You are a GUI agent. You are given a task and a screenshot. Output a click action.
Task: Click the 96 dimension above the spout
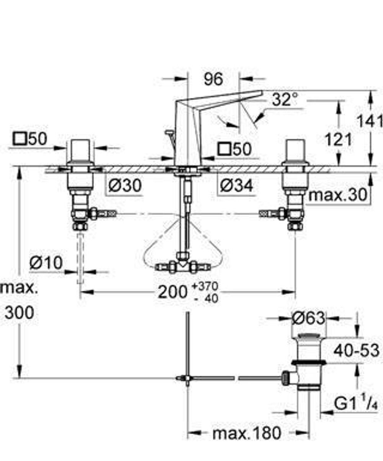tap(213, 79)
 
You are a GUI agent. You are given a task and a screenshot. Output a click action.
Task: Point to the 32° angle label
tap(285, 100)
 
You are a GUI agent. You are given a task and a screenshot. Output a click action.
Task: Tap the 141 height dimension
tap(370, 122)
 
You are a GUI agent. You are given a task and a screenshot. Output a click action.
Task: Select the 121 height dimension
tap(338, 139)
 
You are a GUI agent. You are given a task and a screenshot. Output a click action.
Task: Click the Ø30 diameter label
tap(125, 186)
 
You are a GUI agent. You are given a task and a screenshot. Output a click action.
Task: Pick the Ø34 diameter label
tap(236, 186)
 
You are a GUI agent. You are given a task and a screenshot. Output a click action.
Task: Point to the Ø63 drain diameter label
tap(308, 318)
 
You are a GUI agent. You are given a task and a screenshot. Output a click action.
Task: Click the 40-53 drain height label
tap(356, 350)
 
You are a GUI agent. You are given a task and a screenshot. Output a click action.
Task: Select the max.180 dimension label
tap(247, 433)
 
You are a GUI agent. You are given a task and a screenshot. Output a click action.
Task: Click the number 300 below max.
tap(20, 313)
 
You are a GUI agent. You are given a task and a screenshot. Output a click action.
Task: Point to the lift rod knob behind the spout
tap(167, 133)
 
